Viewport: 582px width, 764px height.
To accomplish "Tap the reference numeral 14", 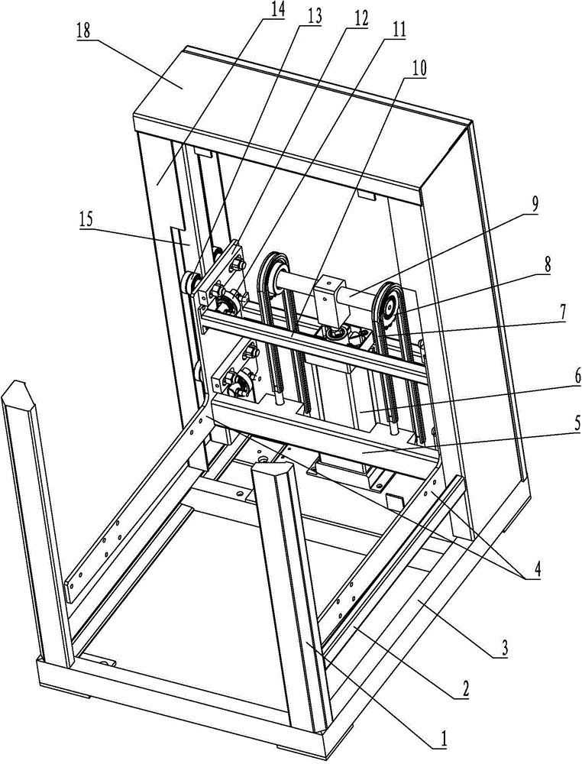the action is [x=277, y=10].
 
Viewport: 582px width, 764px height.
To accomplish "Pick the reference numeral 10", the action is [x=419, y=69].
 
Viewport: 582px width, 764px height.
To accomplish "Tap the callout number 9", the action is [x=535, y=205].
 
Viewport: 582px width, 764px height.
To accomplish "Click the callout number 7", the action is [x=562, y=312].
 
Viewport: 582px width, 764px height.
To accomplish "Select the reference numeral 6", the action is [x=564, y=375].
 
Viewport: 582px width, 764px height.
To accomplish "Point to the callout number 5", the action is [x=564, y=423].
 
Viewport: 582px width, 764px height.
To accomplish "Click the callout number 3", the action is [x=505, y=648].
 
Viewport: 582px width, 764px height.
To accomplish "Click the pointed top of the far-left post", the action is [x=16, y=381].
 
